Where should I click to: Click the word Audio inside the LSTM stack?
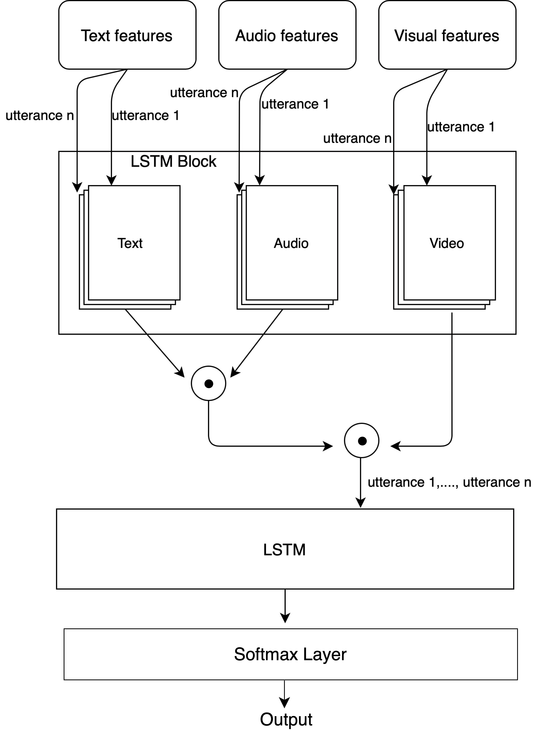pyautogui.click(x=291, y=243)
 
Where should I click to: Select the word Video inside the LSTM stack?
pyautogui.click(x=447, y=243)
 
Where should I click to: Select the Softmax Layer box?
pyautogui.click(x=290, y=654)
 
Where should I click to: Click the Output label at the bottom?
pyautogui.click(x=286, y=719)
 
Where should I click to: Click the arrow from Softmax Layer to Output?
pyautogui.click(x=284, y=693)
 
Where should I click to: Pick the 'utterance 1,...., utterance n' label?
pyautogui.click(x=449, y=482)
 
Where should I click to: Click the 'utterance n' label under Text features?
pyautogui.click(x=40, y=116)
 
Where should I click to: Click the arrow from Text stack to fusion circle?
pyautogui.click(x=154, y=342)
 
